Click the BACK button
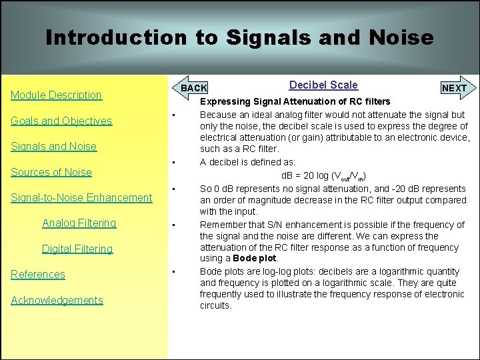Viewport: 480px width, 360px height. tap(194, 88)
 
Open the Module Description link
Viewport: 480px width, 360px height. tap(56, 95)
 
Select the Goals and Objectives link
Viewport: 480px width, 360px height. tap(61, 121)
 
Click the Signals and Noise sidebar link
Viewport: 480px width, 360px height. tap(53, 146)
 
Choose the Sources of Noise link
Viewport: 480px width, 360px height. tap(51, 172)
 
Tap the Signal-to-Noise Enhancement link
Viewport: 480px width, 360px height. tap(81, 197)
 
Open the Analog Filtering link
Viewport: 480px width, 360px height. tap(79, 223)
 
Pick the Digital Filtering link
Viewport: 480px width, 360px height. tap(77, 249)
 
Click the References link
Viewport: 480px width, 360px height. tap(38, 274)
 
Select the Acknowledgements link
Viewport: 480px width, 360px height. tap(57, 300)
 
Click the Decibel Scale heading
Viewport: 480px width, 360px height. tap(323, 85)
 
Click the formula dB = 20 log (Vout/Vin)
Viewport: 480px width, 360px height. tap(327, 175)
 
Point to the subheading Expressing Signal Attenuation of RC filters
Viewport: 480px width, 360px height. tap(295, 102)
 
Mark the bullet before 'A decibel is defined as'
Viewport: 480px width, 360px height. tap(173, 163)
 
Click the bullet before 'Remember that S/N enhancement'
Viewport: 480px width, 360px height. tap(173, 225)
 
